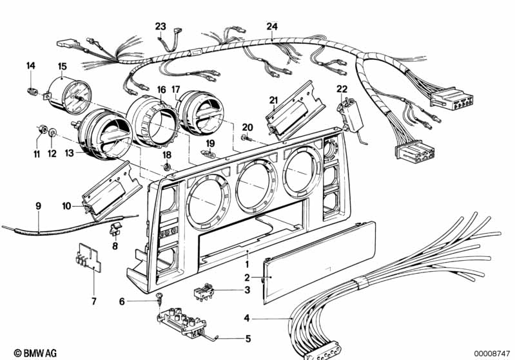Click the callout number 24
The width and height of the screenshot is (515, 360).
pos(272,26)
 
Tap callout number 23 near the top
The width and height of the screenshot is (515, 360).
pos(160,26)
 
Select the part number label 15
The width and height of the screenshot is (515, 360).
pos(62,66)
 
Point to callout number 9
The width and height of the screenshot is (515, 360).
pos(38,205)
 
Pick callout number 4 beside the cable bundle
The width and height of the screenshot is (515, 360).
pos(246,317)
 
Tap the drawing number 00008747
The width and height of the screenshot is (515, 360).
pos(492,353)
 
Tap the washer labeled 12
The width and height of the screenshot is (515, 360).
pos(53,133)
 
